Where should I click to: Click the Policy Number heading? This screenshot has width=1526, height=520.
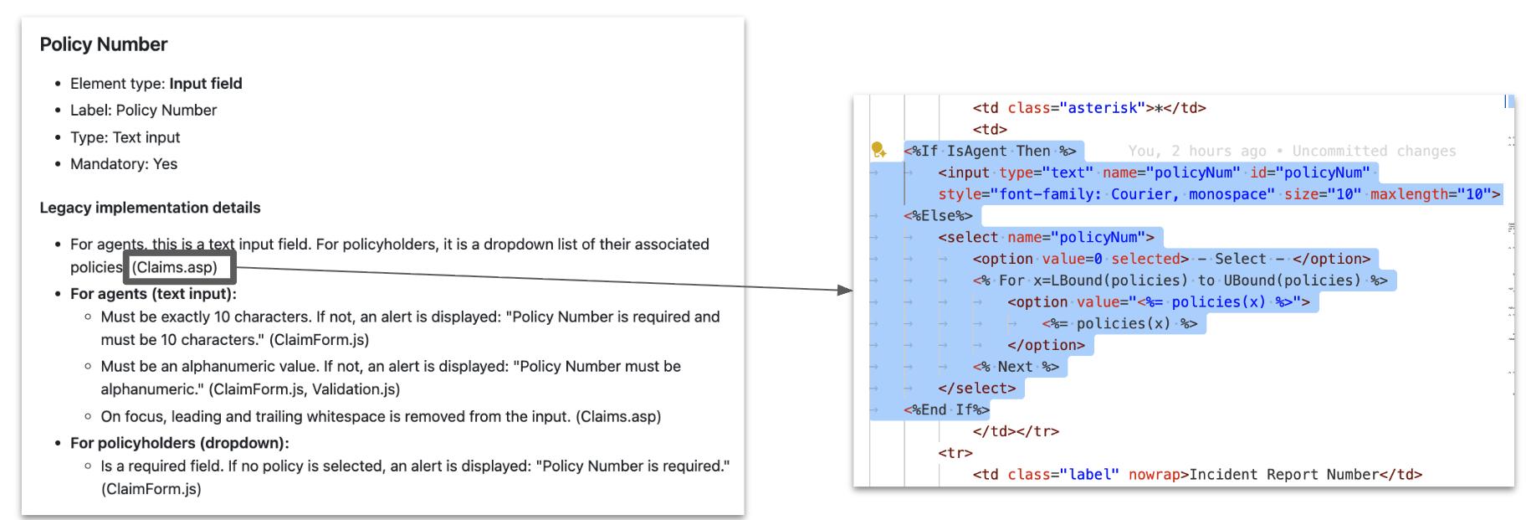[x=104, y=44]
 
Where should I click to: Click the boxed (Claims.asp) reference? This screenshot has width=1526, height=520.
[x=175, y=267]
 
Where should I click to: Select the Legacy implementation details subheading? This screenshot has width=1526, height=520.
[x=150, y=208]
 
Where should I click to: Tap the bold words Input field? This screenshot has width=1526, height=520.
[x=206, y=84]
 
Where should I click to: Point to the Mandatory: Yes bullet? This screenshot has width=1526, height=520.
[x=124, y=164]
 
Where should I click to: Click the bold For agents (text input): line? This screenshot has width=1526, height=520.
[x=153, y=294]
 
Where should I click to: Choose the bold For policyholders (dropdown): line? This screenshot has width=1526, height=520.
[x=179, y=443]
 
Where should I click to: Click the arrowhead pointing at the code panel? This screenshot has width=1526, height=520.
[x=844, y=290]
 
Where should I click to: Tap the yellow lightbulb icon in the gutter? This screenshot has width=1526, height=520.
[x=878, y=150]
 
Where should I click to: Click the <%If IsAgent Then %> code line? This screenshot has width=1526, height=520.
[x=991, y=152]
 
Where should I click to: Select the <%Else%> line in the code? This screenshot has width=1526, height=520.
[x=938, y=216]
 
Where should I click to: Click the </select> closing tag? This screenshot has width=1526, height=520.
[x=976, y=389]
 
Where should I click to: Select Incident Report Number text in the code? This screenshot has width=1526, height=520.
[x=1283, y=475]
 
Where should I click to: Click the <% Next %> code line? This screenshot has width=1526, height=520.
[x=1016, y=367]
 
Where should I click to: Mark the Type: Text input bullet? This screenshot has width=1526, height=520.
[x=125, y=137]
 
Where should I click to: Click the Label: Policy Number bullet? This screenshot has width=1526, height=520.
[x=143, y=111]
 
